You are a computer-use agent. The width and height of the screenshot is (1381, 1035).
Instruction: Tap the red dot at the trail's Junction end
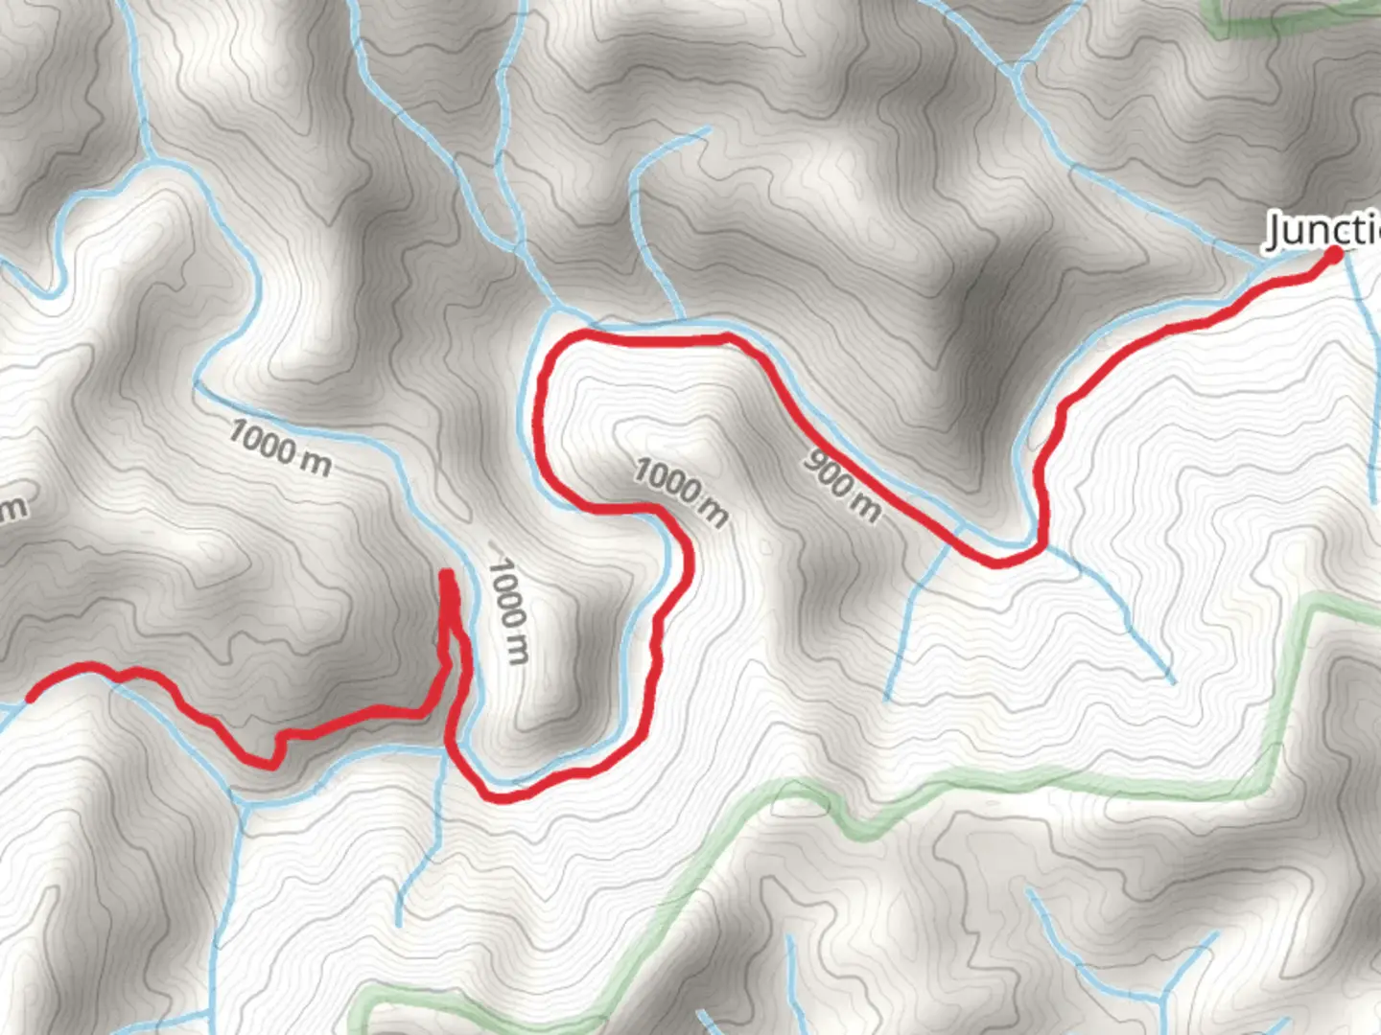[x=1334, y=255]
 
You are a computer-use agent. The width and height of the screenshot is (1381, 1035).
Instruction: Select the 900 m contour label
[x=841, y=486]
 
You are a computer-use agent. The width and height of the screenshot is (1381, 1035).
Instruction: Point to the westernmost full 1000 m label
[x=280, y=448]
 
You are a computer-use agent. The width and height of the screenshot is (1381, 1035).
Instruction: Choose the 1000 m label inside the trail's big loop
[x=681, y=492]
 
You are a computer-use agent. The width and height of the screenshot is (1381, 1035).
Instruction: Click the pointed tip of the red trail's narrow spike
[x=447, y=575]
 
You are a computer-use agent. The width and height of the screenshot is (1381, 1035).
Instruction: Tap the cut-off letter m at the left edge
[x=13, y=508]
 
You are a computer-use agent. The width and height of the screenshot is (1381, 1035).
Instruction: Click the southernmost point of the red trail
[x=501, y=798]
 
